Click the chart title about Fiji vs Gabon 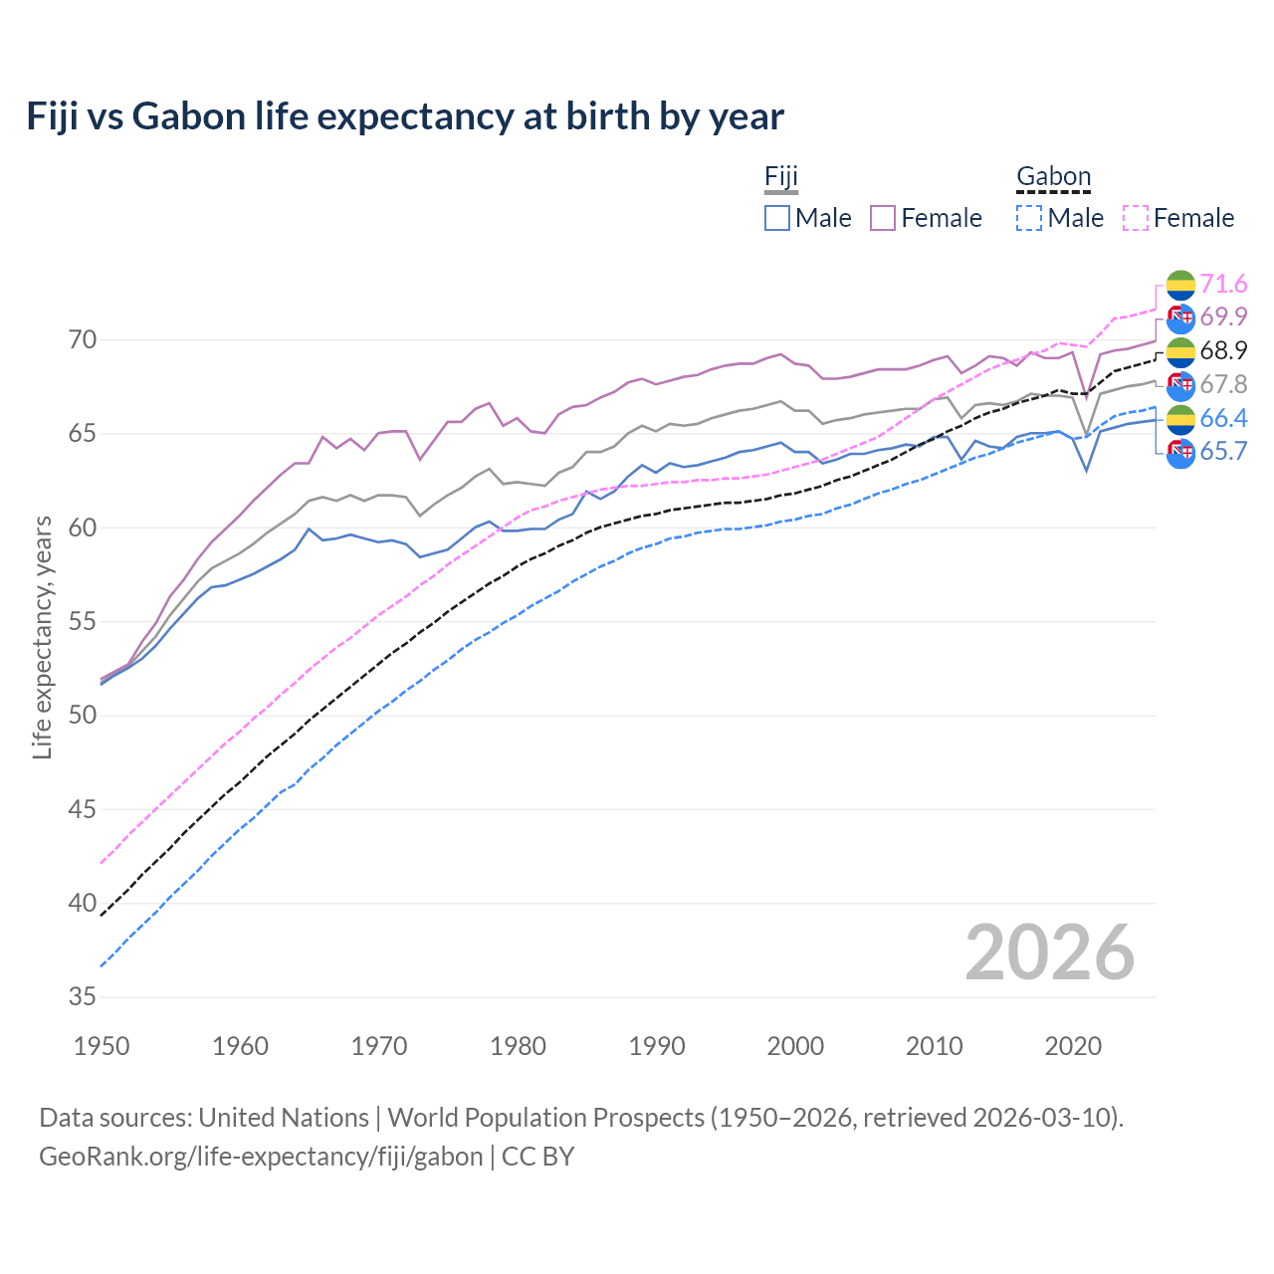(x=405, y=116)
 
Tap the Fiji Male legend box (x=777, y=218)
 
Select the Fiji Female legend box (x=883, y=218)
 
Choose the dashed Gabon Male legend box (x=1029, y=218)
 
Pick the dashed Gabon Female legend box (x=1136, y=218)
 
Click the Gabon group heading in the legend (x=1053, y=177)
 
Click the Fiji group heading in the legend (x=781, y=177)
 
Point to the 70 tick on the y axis (x=83, y=340)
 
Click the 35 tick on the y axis (x=83, y=997)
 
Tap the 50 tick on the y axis (x=83, y=716)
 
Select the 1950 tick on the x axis (x=102, y=1046)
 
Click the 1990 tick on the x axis (x=657, y=1046)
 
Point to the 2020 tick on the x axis (x=1073, y=1046)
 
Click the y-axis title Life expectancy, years (x=43, y=637)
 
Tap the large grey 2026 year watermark (x=1049, y=953)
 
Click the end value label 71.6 (x=1223, y=285)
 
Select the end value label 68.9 (x=1223, y=351)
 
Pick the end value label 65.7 (x=1223, y=452)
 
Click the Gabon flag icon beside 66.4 (x=1180, y=419)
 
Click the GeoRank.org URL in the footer (x=261, y=1157)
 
